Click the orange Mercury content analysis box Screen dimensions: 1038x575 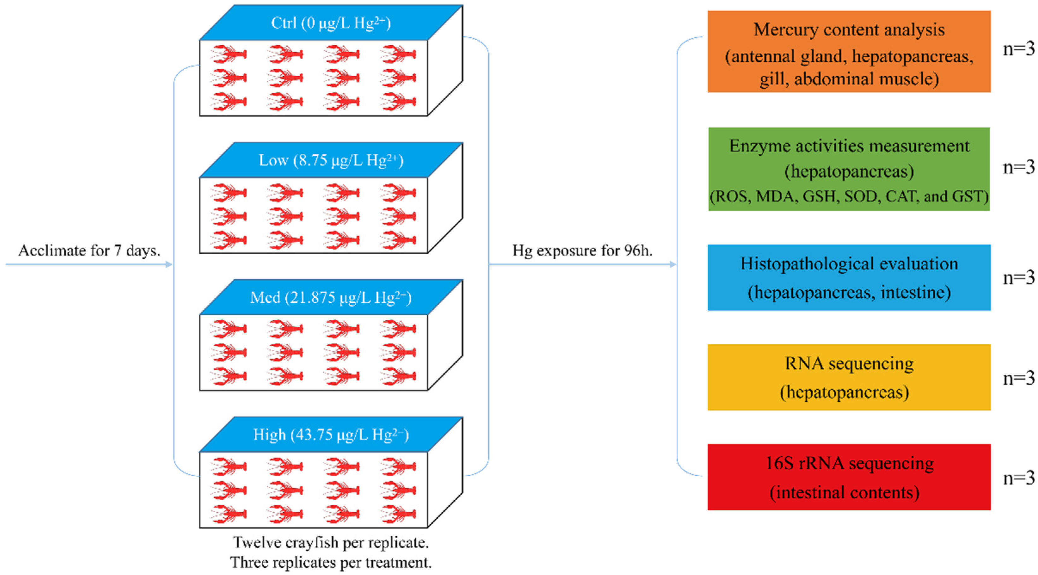click(849, 52)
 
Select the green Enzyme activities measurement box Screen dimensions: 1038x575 click(849, 169)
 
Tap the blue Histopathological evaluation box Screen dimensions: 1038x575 click(849, 278)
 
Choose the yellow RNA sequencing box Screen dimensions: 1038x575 click(849, 377)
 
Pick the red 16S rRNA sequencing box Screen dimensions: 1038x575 click(849, 477)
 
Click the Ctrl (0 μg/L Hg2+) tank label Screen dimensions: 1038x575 click(331, 23)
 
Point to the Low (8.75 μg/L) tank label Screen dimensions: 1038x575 click(331, 160)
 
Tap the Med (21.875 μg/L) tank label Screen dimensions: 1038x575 click(331, 297)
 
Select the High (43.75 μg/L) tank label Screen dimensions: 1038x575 click(331, 435)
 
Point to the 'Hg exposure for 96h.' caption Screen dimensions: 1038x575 click(582, 250)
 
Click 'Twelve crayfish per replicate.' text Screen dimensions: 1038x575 click(331, 542)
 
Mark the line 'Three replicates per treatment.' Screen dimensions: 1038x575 click(331, 562)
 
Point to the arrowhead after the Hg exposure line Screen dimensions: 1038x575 click(673, 265)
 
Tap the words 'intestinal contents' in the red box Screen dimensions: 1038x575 click(845, 492)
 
